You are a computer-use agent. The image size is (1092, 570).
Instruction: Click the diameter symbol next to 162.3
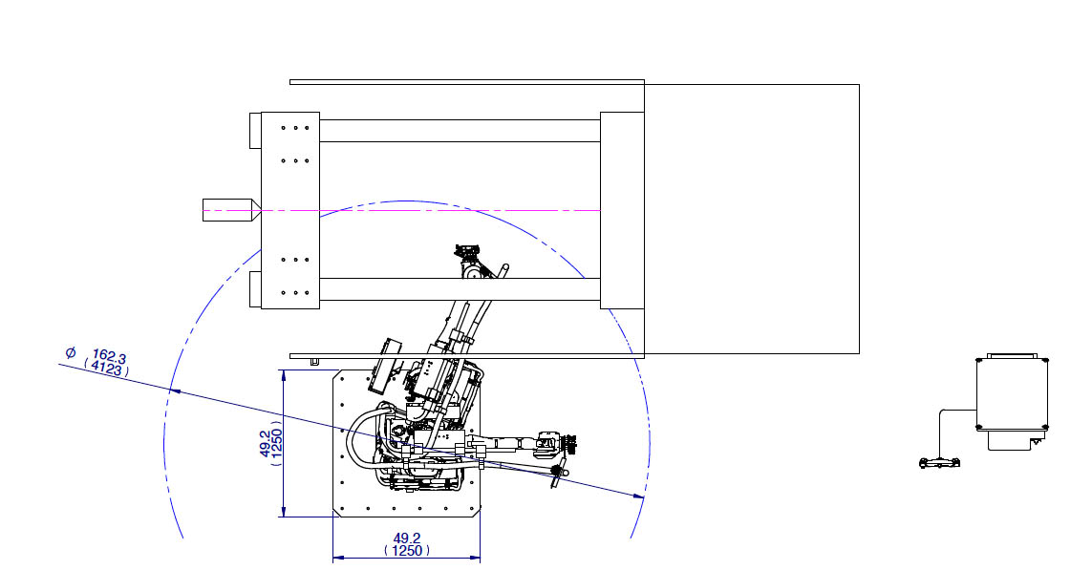[71, 353]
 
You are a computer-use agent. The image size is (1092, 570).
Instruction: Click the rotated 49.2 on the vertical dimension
[266, 443]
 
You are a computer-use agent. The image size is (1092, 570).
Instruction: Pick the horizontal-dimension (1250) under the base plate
[407, 551]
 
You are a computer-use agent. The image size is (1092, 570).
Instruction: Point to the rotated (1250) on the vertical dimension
[276, 443]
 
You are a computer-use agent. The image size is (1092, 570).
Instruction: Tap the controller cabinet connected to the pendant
[1012, 402]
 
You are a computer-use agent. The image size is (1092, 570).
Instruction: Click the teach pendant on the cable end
[939, 462]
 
